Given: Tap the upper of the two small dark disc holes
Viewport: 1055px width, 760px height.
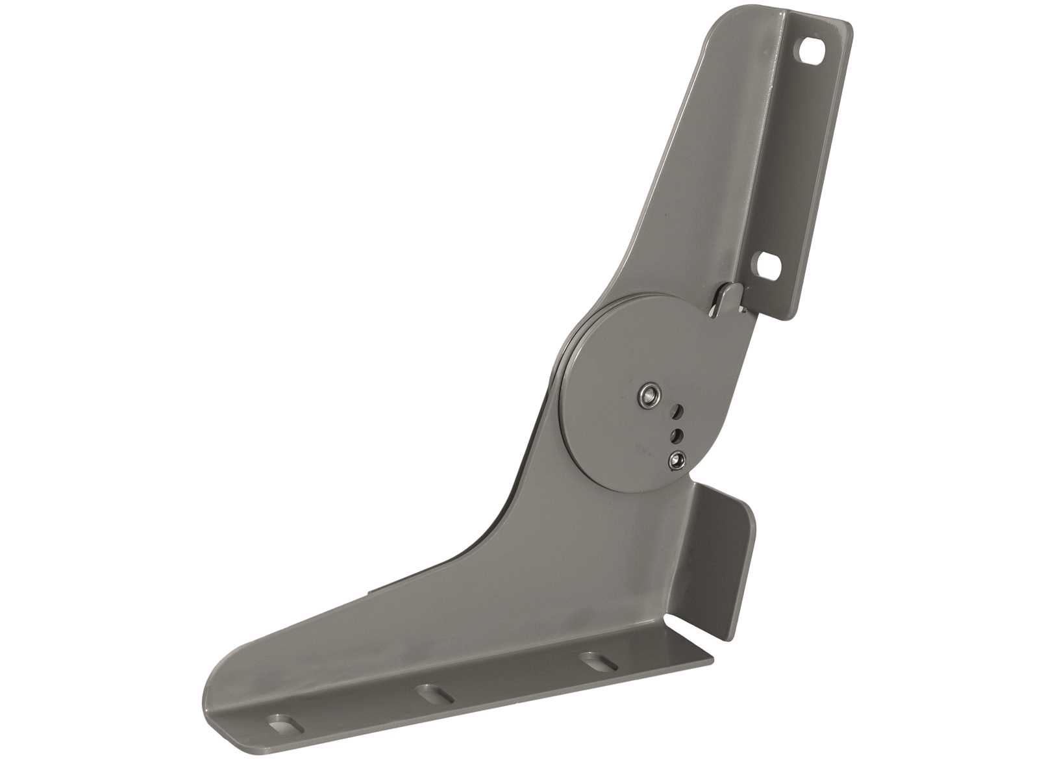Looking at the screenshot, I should pos(677,411).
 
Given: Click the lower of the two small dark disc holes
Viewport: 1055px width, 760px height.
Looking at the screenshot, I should pos(676,433).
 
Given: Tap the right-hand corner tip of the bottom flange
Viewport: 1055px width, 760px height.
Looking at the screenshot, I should pos(712,661).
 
